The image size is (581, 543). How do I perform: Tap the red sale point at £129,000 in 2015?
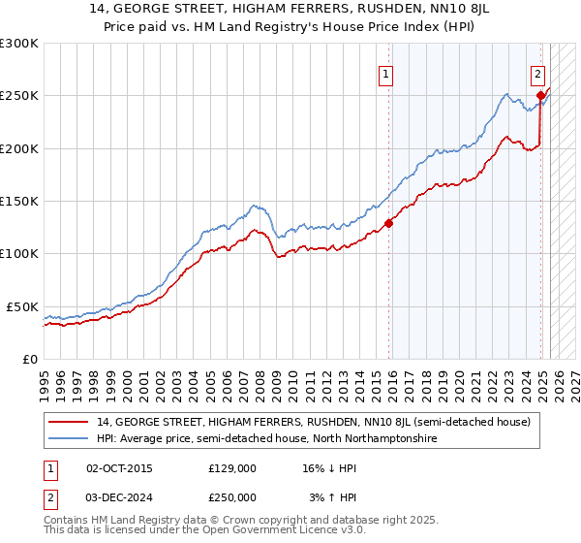[x=389, y=223]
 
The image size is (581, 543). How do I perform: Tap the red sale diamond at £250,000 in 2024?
[x=540, y=95]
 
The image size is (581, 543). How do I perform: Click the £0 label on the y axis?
[x=31, y=359]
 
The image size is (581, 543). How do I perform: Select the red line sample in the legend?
[x=70, y=423]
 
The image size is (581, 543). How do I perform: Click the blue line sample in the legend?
[x=70, y=439]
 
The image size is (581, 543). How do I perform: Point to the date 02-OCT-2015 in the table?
[x=119, y=468]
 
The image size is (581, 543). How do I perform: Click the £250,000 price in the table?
[x=231, y=496]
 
